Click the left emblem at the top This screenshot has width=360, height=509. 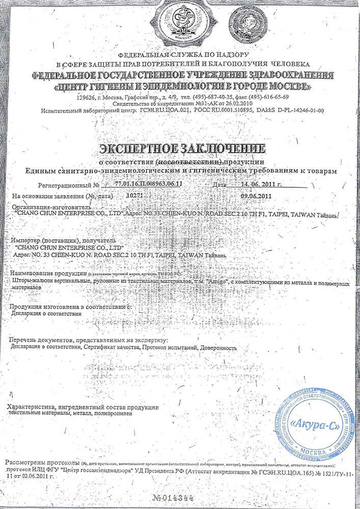click(x=181, y=23)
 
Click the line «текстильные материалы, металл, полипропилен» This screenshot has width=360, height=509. click(x=70, y=415)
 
